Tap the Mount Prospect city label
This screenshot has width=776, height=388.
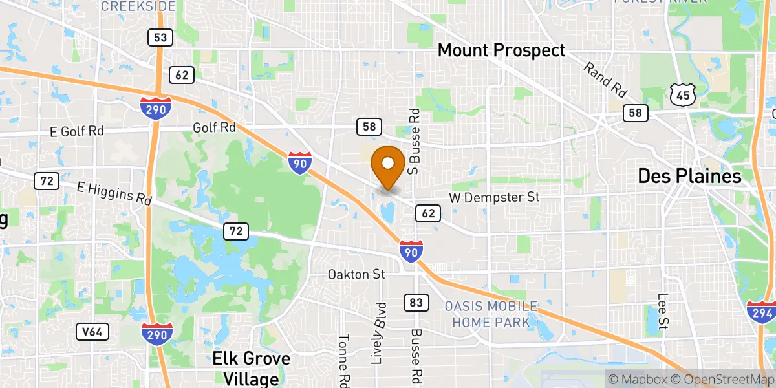(x=501, y=50)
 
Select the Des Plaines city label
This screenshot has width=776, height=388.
(x=689, y=175)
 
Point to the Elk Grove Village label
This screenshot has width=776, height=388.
(x=252, y=368)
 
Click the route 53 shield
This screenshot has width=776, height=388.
(x=160, y=38)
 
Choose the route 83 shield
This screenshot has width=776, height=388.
(x=415, y=302)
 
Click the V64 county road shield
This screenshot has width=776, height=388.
(x=91, y=332)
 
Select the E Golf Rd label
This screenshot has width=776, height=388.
(x=77, y=131)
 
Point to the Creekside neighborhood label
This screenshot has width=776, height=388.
(x=138, y=6)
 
